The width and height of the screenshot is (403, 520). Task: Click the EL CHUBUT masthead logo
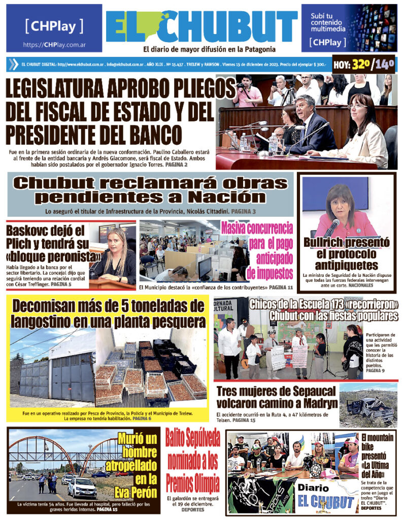pos(201,26)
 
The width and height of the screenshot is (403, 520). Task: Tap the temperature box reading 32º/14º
pos(363,64)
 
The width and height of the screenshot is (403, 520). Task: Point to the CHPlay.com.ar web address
pos(54,45)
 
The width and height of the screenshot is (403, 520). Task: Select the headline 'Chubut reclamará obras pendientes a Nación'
pos(151,189)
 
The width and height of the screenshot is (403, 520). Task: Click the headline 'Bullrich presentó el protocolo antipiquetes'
pos(347,253)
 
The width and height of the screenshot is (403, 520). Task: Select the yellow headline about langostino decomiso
pos(109,313)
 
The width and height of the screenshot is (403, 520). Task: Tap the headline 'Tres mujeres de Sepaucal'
pos(277,397)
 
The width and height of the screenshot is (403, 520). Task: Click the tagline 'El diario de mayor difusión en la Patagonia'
pos(209,49)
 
